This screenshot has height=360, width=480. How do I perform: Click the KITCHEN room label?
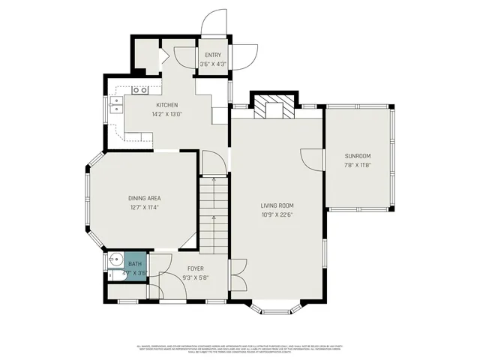166,105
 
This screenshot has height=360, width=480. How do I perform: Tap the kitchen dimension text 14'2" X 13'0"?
166,114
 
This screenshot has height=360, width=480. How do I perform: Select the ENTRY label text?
213,55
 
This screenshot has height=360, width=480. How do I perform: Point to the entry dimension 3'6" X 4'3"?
213,64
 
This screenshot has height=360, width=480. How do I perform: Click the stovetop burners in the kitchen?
140,90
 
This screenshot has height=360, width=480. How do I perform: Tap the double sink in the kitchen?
116,105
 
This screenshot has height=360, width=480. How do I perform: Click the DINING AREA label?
143,199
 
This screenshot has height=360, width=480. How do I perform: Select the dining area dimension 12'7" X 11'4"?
143,208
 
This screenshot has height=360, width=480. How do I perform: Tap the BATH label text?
135,264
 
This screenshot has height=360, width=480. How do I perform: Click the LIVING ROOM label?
277,205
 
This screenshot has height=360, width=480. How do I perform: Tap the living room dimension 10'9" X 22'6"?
277,215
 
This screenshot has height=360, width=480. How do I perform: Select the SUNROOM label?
358,156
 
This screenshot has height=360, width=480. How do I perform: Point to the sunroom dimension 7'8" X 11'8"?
358,165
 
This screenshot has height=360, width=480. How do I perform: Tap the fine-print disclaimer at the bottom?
240,348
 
